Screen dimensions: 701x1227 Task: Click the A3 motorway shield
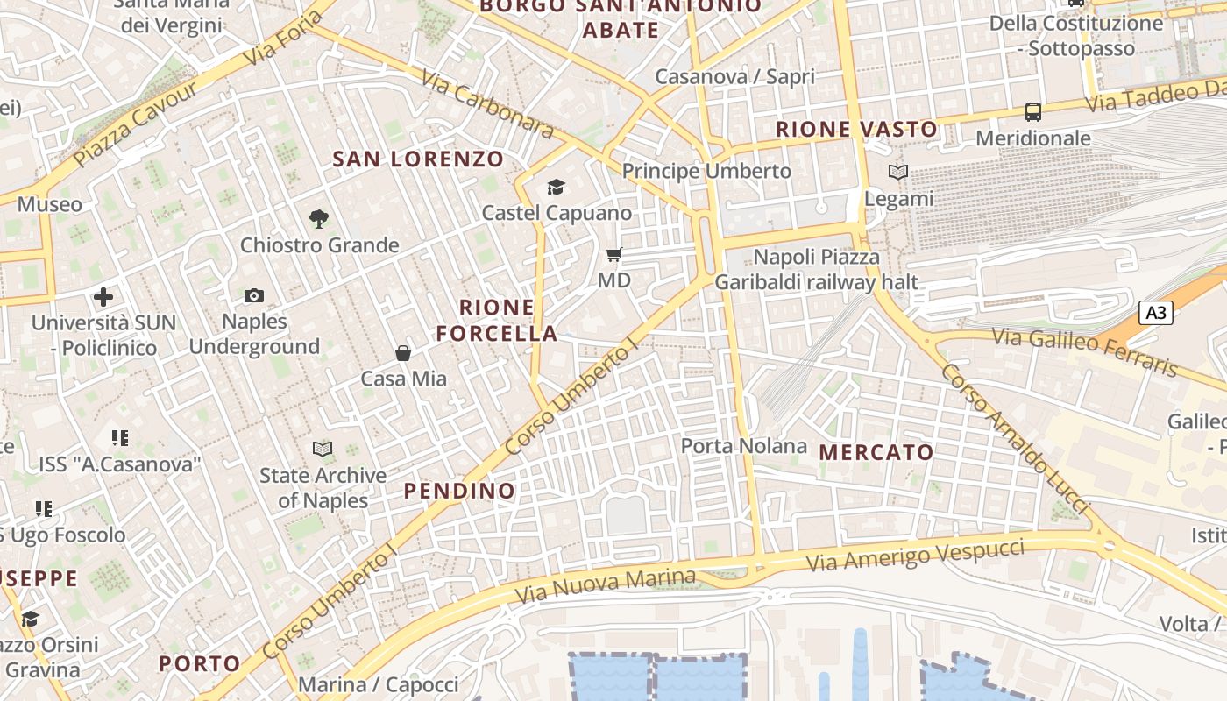[1156, 313]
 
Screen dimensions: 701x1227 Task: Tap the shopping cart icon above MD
[614, 255]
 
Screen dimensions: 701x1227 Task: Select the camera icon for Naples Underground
[254, 296]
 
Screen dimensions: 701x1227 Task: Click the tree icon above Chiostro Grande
[319, 219]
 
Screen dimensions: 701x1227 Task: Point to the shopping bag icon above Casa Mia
[403, 353]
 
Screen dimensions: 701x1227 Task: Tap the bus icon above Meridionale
[1033, 112]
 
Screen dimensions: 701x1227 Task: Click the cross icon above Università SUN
[103, 297]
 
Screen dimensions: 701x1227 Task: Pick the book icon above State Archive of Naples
[323, 450]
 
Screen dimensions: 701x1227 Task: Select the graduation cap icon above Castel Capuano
[556, 187]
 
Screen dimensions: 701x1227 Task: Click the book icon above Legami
[898, 173]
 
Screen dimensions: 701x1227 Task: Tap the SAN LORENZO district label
[419, 159]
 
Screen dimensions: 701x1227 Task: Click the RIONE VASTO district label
[856, 130]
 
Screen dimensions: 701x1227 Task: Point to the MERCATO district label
[876, 453]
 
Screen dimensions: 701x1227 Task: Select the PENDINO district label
[459, 491]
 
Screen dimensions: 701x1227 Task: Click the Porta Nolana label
[744, 446]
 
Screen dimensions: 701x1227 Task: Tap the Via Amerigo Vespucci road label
[915, 556]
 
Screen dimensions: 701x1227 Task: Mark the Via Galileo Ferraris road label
[1084, 351]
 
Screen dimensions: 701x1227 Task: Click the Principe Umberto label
[706, 171]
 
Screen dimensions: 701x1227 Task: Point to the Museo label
[50, 205]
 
